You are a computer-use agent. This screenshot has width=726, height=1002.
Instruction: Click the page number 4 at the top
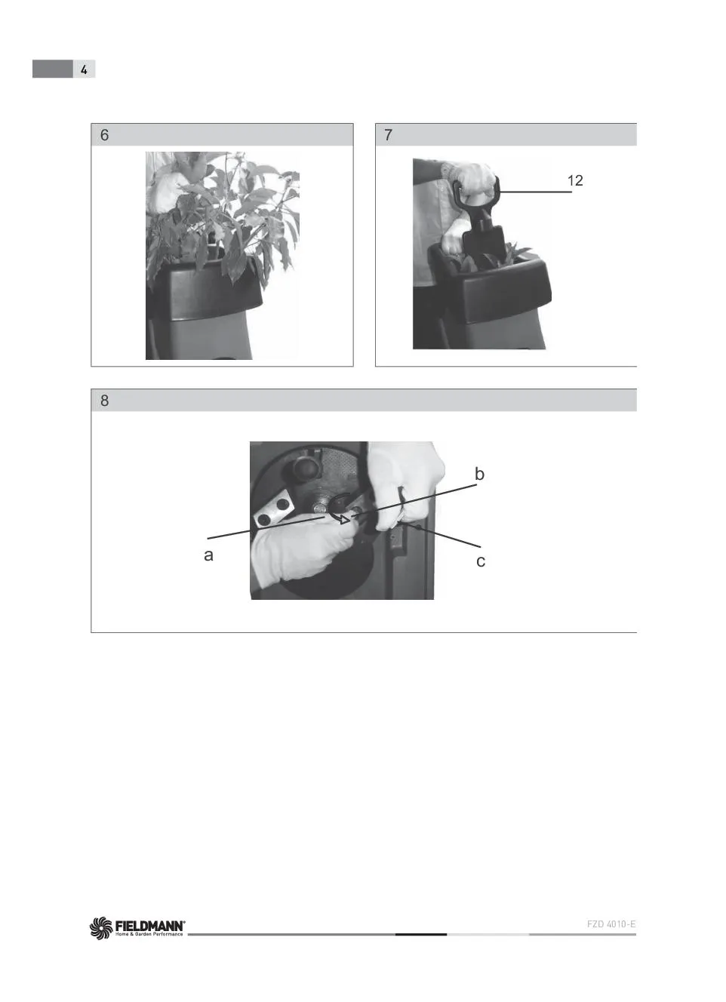pos(84,69)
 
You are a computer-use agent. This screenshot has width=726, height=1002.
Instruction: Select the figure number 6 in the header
pos(104,134)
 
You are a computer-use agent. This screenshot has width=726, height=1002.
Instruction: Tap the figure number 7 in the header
pos(388,134)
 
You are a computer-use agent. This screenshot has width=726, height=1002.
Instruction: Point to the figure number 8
pos(104,401)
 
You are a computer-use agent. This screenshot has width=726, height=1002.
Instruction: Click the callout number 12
pos(575,180)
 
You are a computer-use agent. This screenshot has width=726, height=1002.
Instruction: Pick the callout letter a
pos(208,555)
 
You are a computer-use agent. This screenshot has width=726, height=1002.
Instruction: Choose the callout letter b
pos(479,474)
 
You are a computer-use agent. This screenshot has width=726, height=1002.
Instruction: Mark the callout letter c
pos(481,561)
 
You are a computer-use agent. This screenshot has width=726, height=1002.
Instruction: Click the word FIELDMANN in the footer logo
pos(150,926)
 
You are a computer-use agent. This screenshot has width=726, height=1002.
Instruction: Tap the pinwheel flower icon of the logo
pos(101,928)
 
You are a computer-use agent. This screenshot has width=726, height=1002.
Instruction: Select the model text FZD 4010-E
pos(611,924)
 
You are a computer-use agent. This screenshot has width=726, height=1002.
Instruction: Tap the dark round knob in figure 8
pos(306,468)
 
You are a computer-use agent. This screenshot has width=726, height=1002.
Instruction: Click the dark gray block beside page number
pos(53,69)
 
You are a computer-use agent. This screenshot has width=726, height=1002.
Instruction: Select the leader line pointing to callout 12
pos(535,192)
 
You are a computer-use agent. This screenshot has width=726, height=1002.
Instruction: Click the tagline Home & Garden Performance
pos(149,934)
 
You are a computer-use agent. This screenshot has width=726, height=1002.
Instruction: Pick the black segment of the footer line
pos(421,934)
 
